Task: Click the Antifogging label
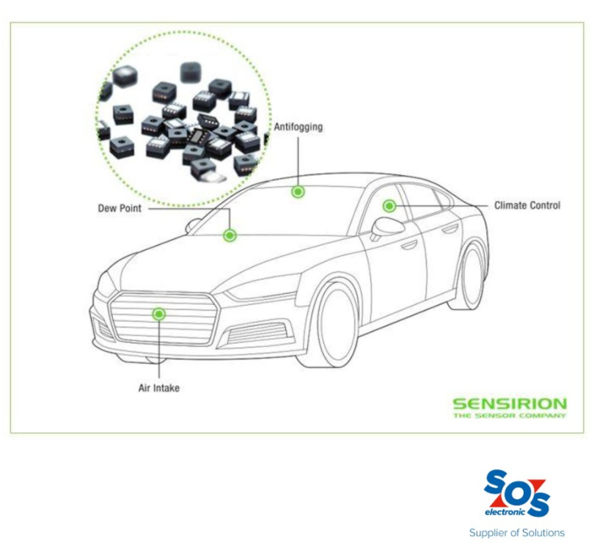click(298, 127)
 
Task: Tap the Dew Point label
click(120, 208)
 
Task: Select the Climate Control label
click(527, 205)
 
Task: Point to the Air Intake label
click(158, 388)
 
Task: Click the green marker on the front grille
click(159, 314)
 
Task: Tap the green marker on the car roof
click(298, 191)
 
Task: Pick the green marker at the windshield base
click(230, 235)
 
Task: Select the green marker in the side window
click(389, 206)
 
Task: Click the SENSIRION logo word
click(510, 404)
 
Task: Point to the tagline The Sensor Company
click(510, 416)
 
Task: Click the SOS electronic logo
click(517, 493)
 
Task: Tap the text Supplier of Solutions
click(517, 533)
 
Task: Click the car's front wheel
click(334, 325)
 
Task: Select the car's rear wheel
click(470, 276)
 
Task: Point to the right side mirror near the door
click(386, 228)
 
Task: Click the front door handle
click(409, 246)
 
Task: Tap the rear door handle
click(450, 229)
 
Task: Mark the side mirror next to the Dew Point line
click(193, 225)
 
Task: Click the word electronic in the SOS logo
click(505, 512)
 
